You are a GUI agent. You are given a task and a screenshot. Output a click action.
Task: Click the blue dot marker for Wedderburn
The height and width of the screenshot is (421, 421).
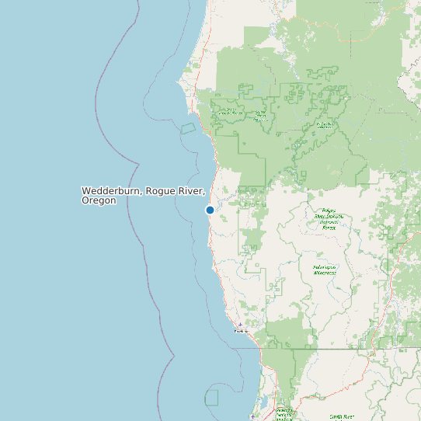[210, 210]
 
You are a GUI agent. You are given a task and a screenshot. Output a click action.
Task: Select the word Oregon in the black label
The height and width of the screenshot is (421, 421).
[99, 200]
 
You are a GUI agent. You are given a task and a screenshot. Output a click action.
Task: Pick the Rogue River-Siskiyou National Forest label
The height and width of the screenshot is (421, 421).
[328, 218]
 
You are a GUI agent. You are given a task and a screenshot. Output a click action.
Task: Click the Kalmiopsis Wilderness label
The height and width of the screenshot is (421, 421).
[325, 270]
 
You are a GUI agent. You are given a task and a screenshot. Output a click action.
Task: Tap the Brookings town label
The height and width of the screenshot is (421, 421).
[242, 332]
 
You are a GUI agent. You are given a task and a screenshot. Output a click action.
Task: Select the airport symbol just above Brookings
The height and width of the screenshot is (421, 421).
[240, 325]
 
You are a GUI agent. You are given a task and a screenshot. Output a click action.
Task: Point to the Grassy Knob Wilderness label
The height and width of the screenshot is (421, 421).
[230, 113]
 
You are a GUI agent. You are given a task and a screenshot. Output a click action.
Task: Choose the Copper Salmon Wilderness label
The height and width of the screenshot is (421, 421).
[260, 115]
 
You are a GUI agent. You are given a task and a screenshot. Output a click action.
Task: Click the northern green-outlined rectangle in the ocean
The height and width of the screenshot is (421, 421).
[188, 128]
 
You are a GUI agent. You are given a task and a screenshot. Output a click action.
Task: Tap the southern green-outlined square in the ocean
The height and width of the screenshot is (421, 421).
[211, 398]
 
